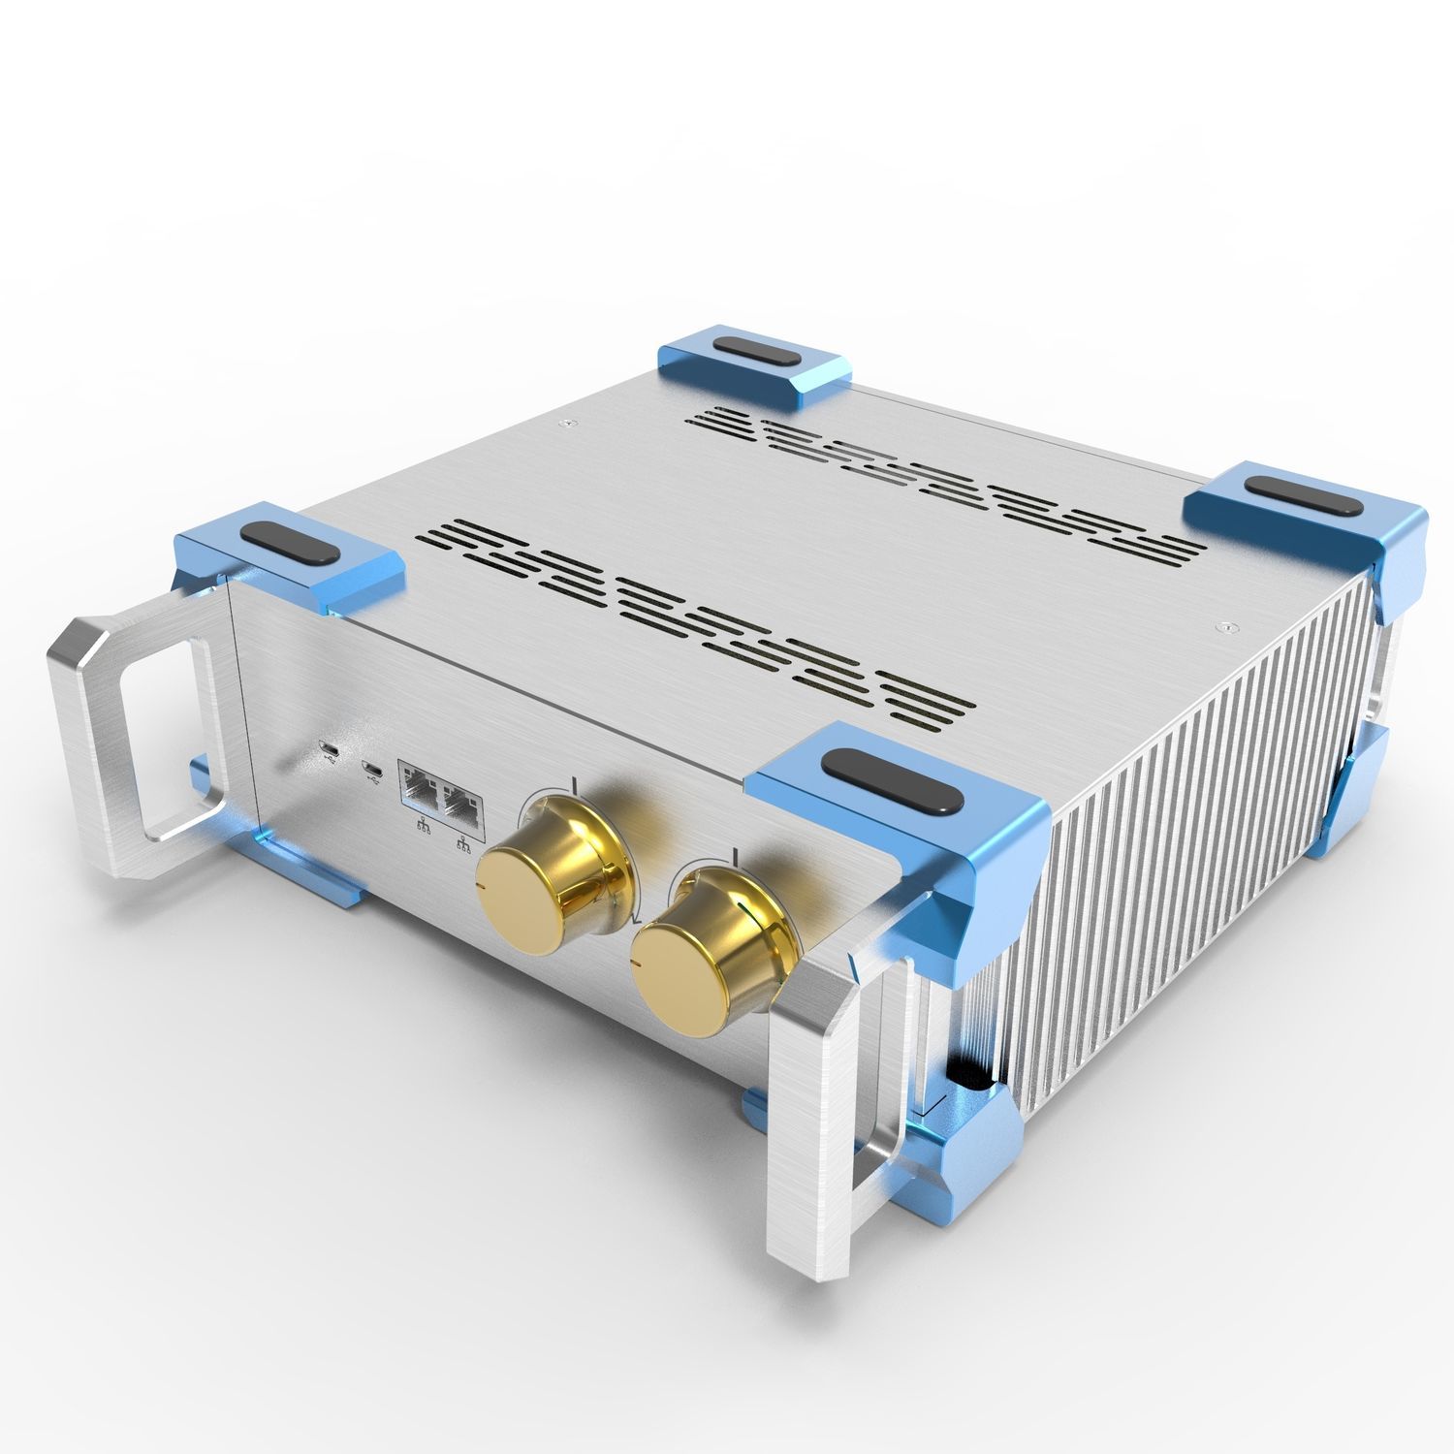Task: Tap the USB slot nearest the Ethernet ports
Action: (x=370, y=770)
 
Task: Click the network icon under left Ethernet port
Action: (x=423, y=827)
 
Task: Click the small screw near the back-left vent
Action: (x=565, y=422)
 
